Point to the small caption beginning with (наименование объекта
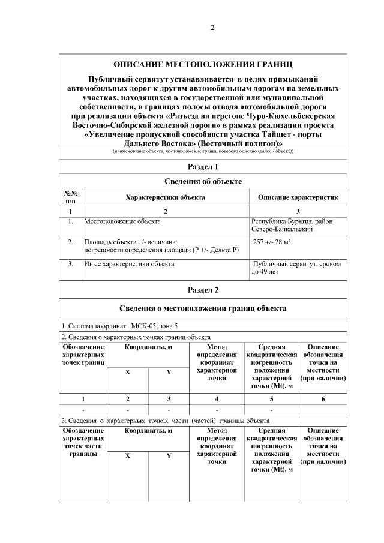tap(202, 152)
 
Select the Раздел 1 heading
tap(203, 166)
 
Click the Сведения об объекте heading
tap(203, 181)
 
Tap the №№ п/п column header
tap(71, 197)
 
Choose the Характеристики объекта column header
tap(165, 197)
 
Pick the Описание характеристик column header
tap(298, 197)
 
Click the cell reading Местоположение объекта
tap(123, 221)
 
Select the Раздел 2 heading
tap(203, 290)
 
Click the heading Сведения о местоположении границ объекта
tap(203, 308)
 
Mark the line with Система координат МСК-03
tap(120, 326)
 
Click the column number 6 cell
tap(323, 399)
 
